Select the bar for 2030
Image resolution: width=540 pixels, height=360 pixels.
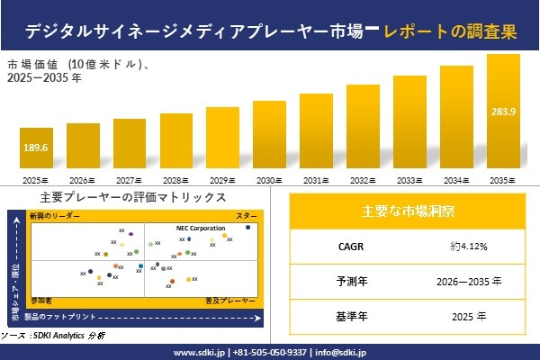(268, 136)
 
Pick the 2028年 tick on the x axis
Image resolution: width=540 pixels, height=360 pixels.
(175, 180)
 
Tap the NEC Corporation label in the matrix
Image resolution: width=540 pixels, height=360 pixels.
(201, 229)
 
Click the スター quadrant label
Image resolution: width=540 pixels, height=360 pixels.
(246, 217)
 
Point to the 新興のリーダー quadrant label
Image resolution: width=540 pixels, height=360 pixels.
(55, 217)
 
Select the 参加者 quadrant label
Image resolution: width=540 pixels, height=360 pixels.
(41, 297)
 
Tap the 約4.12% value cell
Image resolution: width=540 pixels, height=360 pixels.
(469, 245)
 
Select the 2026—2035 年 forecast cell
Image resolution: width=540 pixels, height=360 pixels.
(469, 281)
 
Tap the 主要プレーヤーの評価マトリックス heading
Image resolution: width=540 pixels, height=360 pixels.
(133, 197)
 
